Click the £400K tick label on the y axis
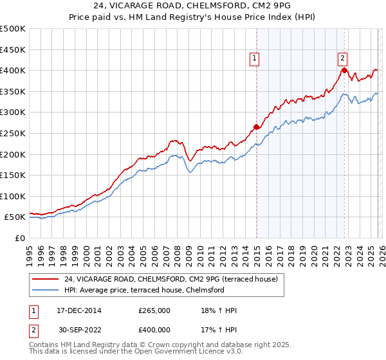13,70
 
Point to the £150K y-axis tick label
13,175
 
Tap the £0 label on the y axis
19,238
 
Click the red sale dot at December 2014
257,127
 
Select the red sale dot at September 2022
345,70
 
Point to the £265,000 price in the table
154,310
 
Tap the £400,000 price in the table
154,330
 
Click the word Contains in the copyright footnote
44,345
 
